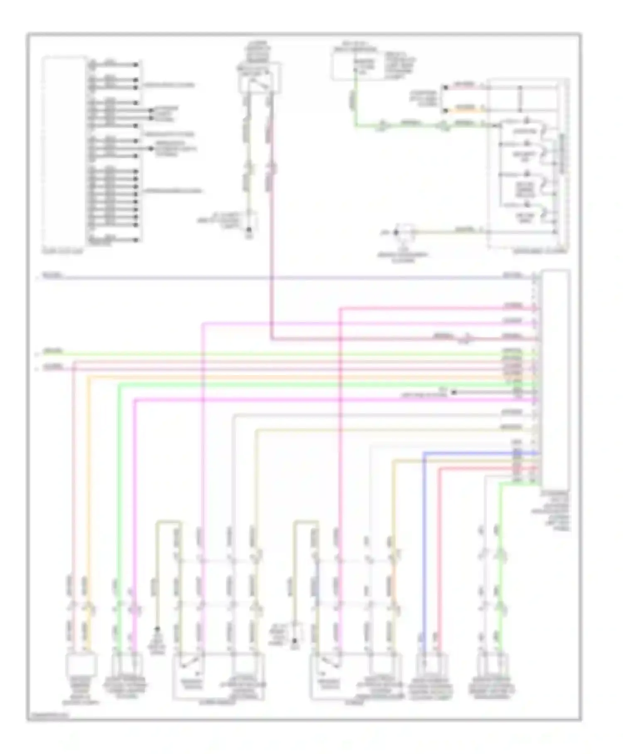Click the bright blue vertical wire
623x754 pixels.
tap(424, 539)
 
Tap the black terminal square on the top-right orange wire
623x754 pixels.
tap(445, 110)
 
